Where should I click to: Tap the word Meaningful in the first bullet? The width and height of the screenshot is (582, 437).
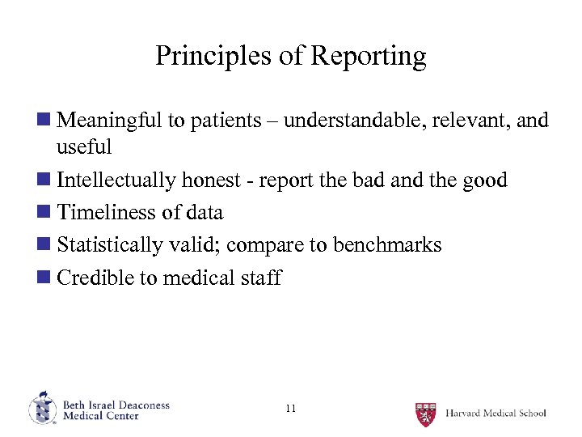pos(110,121)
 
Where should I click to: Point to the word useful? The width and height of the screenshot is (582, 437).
pos(84,147)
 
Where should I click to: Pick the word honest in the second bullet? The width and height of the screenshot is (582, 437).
pos(215,180)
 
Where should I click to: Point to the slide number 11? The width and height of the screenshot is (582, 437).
pos(291,409)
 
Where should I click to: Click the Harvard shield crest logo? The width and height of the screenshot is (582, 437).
pos(426,414)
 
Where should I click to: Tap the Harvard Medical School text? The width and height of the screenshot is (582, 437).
pos(496,413)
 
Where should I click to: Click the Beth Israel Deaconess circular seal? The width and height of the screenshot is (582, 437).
pos(42,409)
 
